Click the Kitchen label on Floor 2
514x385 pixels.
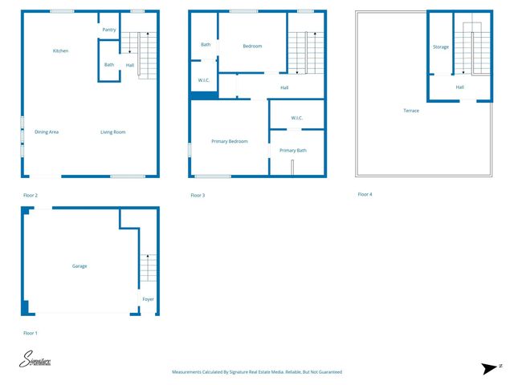click(x=60, y=51)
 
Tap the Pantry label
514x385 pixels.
click(x=109, y=30)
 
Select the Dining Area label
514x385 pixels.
click(x=47, y=132)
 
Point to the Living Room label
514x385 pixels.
click(x=112, y=132)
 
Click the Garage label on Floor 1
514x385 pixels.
click(x=80, y=265)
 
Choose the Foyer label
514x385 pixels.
click(x=148, y=299)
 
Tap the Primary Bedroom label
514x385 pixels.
click(x=229, y=141)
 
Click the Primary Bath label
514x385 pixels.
click(x=292, y=150)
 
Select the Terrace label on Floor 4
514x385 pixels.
click(x=411, y=111)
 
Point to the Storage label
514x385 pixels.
click(x=441, y=47)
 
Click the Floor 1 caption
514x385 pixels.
click(x=31, y=332)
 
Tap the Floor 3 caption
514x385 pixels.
click(x=198, y=195)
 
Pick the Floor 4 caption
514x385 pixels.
click(x=365, y=194)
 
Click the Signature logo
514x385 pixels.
click(x=35, y=362)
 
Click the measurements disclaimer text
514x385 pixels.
click(x=257, y=372)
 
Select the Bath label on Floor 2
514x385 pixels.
click(x=109, y=65)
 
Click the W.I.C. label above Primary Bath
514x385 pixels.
click(x=296, y=118)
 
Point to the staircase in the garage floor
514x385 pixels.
click(x=149, y=268)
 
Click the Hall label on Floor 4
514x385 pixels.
click(x=459, y=87)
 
